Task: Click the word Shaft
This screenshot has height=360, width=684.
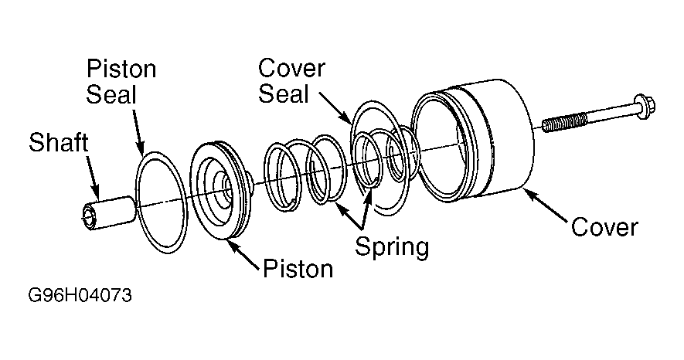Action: (x=59, y=142)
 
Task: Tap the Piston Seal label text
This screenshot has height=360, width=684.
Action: (x=121, y=81)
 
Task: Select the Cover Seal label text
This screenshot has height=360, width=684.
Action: (x=291, y=81)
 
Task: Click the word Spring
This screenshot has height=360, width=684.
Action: (x=392, y=246)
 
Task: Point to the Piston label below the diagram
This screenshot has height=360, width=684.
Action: (x=298, y=269)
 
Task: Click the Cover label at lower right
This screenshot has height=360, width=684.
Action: (x=604, y=227)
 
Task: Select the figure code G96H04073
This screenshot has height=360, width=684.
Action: (x=80, y=296)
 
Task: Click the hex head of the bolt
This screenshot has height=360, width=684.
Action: (x=645, y=106)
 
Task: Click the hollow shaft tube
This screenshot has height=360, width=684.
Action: (x=109, y=212)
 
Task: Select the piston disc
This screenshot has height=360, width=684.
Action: (x=220, y=189)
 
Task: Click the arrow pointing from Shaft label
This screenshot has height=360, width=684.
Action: (x=92, y=175)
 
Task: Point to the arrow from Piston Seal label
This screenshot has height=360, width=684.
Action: (x=138, y=131)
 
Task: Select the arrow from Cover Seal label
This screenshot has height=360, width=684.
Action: (x=335, y=107)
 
